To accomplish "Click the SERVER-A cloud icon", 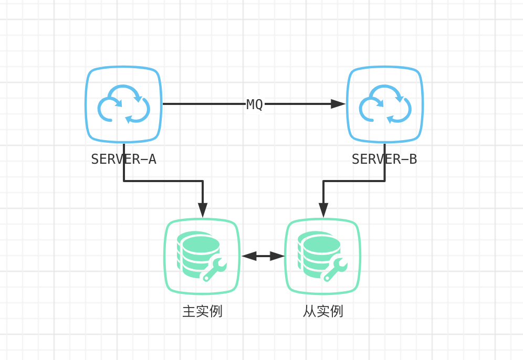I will click(x=124, y=104).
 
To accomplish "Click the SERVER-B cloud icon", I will click(x=385, y=104).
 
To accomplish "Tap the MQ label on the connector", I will click(x=255, y=104).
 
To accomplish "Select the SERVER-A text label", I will click(x=124, y=159).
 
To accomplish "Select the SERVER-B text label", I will click(x=384, y=159).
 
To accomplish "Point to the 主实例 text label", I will click(x=203, y=311).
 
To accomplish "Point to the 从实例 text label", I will click(x=323, y=311).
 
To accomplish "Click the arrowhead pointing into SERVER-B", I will click(x=338, y=104).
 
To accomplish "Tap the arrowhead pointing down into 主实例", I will click(x=203, y=210).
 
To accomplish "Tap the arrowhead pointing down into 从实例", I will click(x=323, y=210).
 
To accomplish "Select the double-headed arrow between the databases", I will click(x=263, y=256).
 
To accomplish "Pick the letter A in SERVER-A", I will click(x=152, y=159).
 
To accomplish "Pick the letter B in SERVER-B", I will click(x=413, y=159).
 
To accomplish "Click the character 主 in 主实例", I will click(x=189, y=311).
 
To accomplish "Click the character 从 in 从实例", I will click(x=309, y=311).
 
